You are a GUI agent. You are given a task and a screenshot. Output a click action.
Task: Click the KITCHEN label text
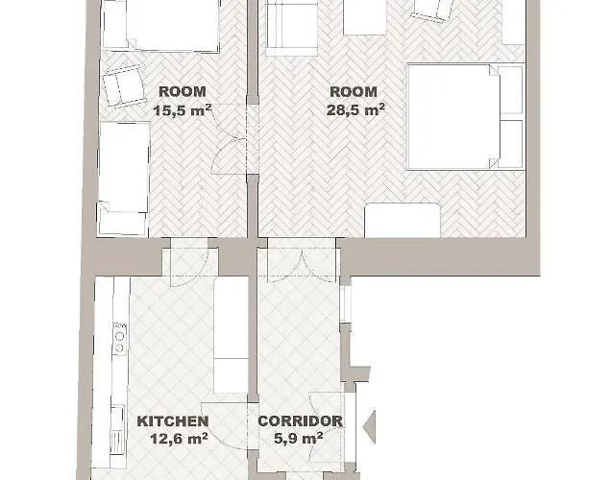click(173, 421)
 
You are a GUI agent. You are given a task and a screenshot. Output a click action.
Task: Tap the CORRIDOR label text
click(300, 421)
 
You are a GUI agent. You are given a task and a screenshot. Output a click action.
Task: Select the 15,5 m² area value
click(183, 110)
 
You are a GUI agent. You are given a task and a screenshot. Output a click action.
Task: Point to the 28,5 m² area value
click(355, 109)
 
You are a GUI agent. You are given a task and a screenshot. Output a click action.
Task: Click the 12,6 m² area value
click(179, 439)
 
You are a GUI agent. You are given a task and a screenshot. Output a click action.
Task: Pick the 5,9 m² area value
click(299, 439)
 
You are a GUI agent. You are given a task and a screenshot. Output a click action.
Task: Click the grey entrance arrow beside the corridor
click(370, 426)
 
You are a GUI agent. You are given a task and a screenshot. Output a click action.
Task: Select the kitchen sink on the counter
click(117, 430)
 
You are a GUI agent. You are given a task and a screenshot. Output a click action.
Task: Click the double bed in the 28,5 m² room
click(465, 117)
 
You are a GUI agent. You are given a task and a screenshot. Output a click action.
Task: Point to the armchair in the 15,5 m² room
click(122, 86)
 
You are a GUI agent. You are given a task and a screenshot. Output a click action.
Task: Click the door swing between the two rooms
click(228, 156)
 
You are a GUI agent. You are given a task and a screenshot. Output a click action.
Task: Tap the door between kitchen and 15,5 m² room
click(190, 262)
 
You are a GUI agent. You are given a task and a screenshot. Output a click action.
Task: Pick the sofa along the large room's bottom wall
click(403, 220)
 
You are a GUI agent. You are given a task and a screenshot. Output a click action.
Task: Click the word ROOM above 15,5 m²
click(183, 92)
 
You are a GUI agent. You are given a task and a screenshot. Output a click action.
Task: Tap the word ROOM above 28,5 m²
click(354, 92)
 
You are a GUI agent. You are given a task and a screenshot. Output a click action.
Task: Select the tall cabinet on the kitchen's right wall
click(231, 335)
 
